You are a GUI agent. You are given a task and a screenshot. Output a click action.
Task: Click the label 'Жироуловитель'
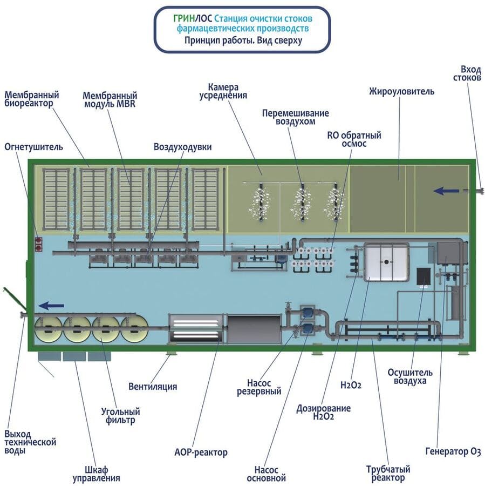point(401,91)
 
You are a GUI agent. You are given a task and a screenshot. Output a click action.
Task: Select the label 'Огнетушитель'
point(33,146)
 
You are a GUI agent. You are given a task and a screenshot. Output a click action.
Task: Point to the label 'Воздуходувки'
point(182,147)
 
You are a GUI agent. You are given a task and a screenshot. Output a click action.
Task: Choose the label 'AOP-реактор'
point(201,452)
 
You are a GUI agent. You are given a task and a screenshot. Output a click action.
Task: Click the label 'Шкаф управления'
point(96,473)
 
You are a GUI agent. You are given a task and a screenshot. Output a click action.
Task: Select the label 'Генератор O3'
point(453,451)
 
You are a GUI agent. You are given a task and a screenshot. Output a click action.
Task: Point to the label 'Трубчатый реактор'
point(388,473)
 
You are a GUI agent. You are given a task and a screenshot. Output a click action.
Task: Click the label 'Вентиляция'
point(153,387)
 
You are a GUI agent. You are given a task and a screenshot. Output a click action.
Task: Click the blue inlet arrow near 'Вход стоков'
point(446,190)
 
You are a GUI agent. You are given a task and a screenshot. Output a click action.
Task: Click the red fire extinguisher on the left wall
point(39,244)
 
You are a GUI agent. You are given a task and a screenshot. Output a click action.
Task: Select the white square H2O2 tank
point(386,261)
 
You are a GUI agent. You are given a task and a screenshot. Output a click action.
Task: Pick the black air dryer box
point(423,276)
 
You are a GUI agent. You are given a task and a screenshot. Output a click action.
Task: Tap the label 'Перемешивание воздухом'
point(295,117)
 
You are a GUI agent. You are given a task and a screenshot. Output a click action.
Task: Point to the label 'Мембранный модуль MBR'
point(110,99)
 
